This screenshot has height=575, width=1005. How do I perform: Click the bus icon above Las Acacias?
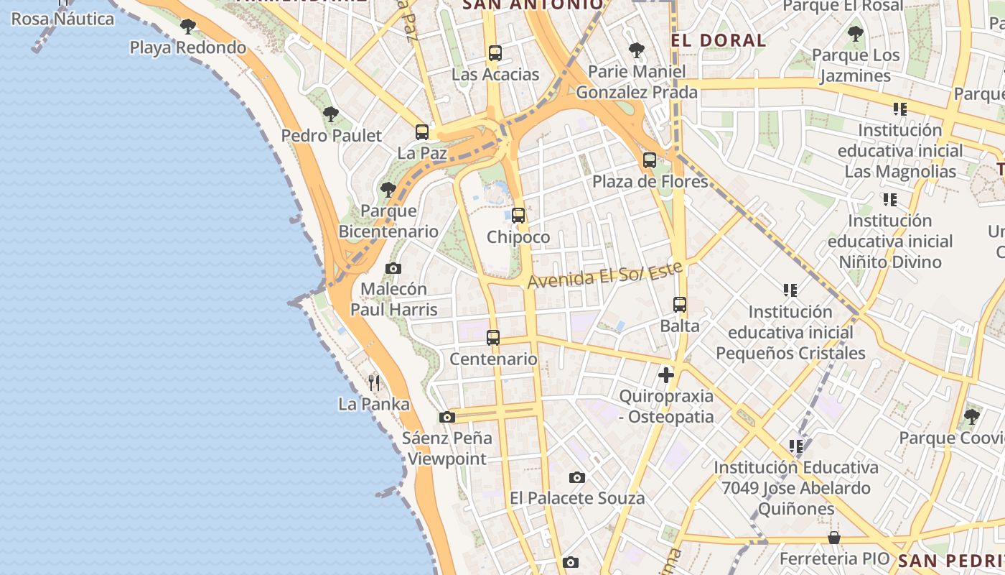(x=495, y=52)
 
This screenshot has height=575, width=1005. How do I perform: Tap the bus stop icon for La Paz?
(x=422, y=132)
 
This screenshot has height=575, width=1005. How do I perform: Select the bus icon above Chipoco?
(x=518, y=216)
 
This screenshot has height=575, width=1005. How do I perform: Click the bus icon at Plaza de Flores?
(x=650, y=160)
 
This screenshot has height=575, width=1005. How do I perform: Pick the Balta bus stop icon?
(x=680, y=305)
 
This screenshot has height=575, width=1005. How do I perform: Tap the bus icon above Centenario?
(x=493, y=338)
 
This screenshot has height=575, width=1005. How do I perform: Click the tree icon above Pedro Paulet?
(x=331, y=114)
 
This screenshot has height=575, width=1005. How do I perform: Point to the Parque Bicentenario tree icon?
(x=388, y=190)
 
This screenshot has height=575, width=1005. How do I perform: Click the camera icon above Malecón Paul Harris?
(x=393, y=268)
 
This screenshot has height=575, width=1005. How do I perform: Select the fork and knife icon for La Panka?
(x=373, y=382)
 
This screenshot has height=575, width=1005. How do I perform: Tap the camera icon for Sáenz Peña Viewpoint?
(x=447, y=417)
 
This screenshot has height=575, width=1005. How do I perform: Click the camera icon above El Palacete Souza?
(x=576, y=477)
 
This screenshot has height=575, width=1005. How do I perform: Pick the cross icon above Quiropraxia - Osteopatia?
(x=666, y=374)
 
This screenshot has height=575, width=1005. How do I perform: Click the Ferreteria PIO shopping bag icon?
(x=834, y=538)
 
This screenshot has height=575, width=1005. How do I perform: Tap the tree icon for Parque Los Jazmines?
(x=855, y=33)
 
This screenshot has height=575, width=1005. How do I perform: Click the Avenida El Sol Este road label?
(x=604, y=275)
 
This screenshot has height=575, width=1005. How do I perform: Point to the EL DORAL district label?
(x=719, y=40)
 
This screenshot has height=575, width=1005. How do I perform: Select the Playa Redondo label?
(x=188, y=47)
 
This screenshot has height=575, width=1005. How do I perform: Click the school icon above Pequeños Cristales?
(x=790, y=290)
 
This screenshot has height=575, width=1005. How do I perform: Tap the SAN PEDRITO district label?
(x=950, y=560)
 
